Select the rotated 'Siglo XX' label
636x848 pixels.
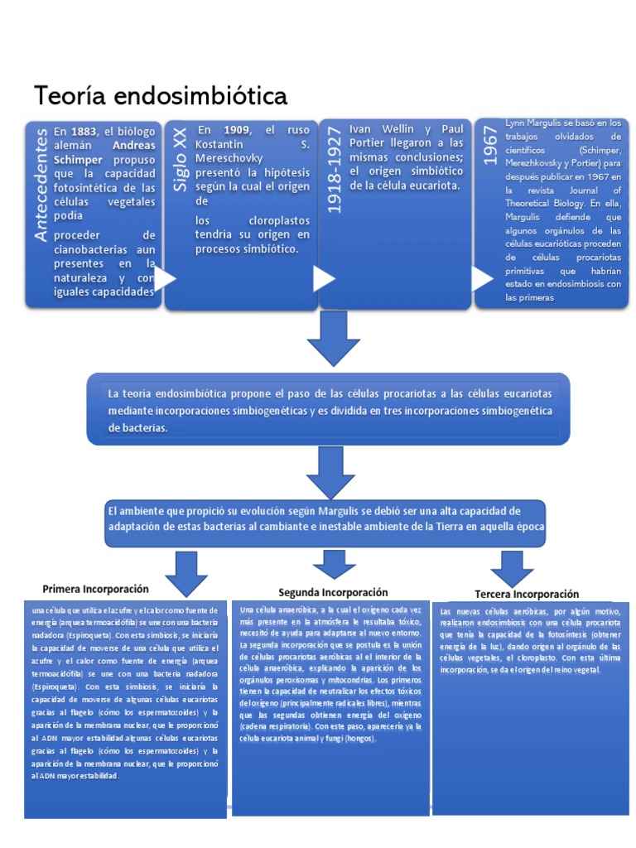coord(180,161)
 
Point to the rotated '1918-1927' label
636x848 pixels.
coord(333,170)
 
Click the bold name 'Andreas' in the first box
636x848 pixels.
coord(133,145)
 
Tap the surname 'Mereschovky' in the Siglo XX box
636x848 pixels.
coord(229,159)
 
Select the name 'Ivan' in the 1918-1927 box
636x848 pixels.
coord(361,129)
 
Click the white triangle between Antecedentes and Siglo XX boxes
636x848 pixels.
coord(166,279)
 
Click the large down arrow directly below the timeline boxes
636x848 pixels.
coord(332,339)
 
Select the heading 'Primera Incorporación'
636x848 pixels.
coord(95,589)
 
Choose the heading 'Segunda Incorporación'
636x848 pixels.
coord(333,592)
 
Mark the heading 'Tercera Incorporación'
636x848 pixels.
coord(526,595)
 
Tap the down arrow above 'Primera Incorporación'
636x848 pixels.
coord(186,571)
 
